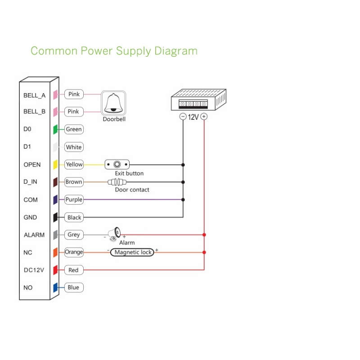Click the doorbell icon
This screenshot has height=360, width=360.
113,103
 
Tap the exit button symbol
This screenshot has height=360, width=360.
117,165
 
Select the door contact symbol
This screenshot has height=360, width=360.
117,182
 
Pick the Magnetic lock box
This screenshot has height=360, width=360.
132,252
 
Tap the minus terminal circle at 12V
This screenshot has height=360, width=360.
183,117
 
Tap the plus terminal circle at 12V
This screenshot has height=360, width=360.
204,117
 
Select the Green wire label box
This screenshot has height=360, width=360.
74,129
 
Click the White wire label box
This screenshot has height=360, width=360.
74,147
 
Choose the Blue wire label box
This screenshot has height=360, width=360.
73,288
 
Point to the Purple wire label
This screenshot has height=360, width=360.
74,200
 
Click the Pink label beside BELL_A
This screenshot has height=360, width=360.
74,94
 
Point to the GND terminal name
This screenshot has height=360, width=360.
30,217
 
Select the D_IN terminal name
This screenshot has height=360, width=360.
31,182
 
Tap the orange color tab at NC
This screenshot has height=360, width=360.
55,253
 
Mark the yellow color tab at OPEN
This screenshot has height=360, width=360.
55,165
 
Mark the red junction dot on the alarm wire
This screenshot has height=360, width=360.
204,235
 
